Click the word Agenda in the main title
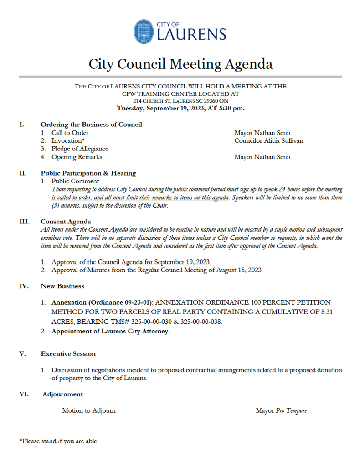coord(249,64)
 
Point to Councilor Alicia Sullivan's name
coord(268,140)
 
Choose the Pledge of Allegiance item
coord(80,149)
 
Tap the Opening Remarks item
coord(77,157)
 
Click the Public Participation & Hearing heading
coord(88,173)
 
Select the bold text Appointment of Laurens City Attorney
coord(110,332)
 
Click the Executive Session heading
coord(68,353)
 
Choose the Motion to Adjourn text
coord(89,410)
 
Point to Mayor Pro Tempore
coord(281,410)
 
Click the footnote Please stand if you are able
coord(59,441)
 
